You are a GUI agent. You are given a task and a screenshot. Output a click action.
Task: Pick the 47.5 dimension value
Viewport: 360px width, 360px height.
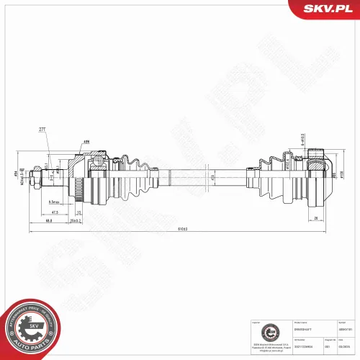pyautogui.click(x=55, y=213)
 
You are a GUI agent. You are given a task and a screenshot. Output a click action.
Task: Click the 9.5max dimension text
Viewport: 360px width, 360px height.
pyautogui.click(x=55, y=202)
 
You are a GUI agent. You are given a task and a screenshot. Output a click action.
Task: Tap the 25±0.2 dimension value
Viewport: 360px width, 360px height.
pyautogui.click(x=73, y=220)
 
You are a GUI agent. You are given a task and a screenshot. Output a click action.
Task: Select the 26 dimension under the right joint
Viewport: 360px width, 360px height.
pyautogui.click(x=316, y=216)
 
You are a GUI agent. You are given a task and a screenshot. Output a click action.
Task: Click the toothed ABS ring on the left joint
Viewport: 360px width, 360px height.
pyautogui.click(x=78, y=190)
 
